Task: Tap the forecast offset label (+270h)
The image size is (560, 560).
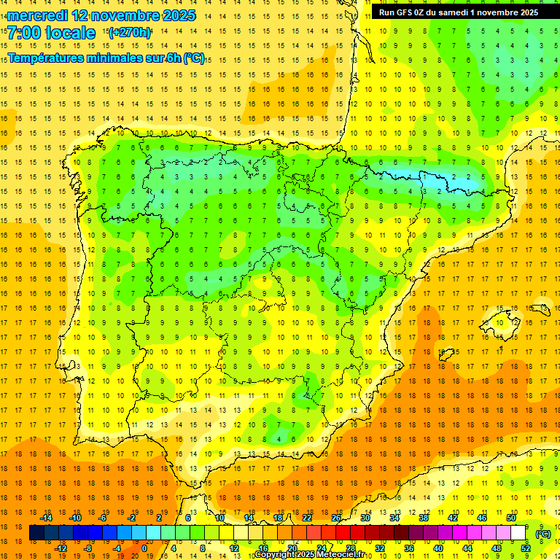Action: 130,32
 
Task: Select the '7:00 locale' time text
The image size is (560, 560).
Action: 51,33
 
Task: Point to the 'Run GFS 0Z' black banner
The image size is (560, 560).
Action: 458,12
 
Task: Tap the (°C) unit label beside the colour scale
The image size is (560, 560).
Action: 542,534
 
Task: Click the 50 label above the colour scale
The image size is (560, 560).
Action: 510,517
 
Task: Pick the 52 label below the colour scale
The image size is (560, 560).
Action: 525,548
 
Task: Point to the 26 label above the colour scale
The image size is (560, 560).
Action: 336,517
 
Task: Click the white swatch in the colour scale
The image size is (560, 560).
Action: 518,533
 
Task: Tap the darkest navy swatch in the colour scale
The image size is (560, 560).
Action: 36,533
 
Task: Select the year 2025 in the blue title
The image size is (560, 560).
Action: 175,15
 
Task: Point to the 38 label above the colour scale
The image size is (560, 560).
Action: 424,517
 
